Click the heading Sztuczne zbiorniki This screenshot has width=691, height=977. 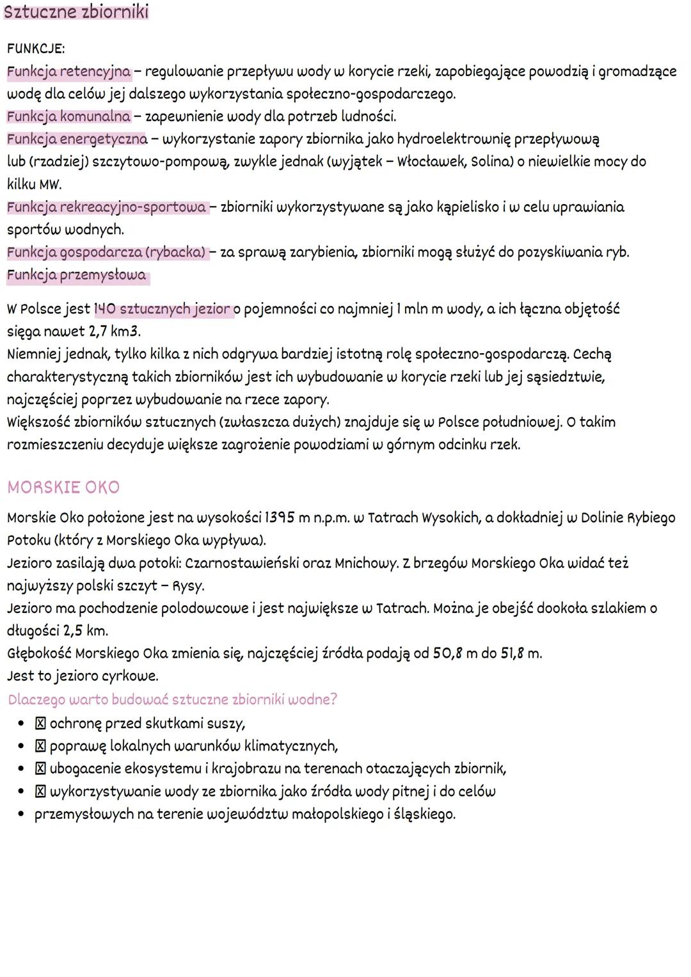point(76,12)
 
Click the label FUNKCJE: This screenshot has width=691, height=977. point(36,49)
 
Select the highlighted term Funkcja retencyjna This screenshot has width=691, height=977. point(69,72)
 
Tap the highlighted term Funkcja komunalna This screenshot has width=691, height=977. point(68,116)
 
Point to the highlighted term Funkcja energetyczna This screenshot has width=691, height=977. point(77,139)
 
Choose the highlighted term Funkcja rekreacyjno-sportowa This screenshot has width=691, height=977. point(107,207)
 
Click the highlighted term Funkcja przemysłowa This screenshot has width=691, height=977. point(77,276)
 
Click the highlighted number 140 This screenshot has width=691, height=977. point(106,310)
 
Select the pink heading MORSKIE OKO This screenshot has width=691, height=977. point(63,488)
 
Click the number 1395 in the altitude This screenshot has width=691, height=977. point(279,518)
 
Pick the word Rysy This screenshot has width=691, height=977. point(188,586)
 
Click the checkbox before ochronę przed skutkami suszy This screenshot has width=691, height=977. point(40,724)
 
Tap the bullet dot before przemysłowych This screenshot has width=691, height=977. point(21,814)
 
